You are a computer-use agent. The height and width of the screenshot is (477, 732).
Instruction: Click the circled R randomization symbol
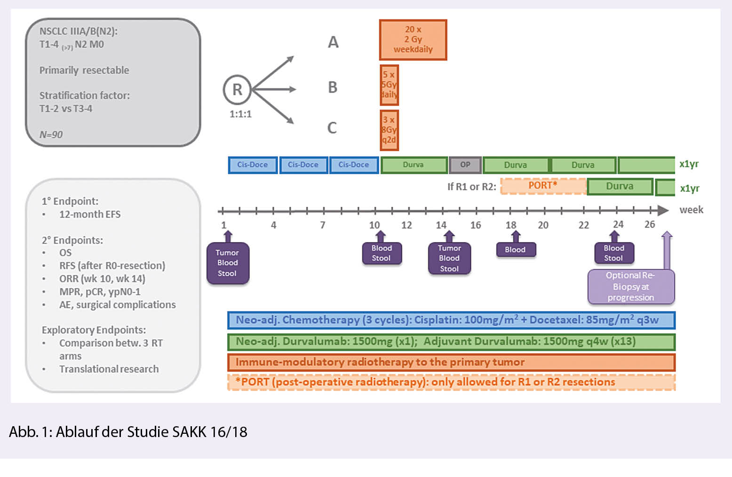coord(237,89)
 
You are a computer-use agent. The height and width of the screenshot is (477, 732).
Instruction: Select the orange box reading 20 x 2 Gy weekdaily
coord(413,40)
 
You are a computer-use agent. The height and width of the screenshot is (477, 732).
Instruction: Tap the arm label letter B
coord(333,87)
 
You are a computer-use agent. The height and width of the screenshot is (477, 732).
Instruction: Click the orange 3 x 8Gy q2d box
coord(389,130)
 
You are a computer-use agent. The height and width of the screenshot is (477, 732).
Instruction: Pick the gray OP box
coord(465,165)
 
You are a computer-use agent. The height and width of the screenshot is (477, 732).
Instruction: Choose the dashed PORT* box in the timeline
coord(543,186)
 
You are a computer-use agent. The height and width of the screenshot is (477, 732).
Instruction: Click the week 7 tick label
coord(323,225)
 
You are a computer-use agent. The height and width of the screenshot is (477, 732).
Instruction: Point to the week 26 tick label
coord(650,225)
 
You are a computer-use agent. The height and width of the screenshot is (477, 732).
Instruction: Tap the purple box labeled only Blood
coord(516,250)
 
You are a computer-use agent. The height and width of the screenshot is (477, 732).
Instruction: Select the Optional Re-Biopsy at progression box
coord(631,287)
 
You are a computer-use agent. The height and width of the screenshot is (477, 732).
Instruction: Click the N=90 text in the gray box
coord(51,134)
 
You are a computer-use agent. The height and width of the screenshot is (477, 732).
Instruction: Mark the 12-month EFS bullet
coord(90,214)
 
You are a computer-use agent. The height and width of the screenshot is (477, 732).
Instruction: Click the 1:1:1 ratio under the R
coord(240,114)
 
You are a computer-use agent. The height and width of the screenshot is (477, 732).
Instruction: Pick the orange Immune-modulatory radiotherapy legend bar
coord(451,362)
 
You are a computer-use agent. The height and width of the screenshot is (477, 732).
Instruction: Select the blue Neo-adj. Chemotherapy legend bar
coord(451,320)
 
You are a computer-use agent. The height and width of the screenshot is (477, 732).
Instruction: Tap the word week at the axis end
coord(691,210)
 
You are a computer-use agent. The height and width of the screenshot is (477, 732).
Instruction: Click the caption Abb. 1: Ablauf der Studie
coord(128,432)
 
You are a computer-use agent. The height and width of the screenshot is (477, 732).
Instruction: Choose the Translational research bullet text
coord(109,369)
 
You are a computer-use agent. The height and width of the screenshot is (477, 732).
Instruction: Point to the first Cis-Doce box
coord(253,165)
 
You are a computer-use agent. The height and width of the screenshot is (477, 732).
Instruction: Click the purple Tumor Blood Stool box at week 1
coord(228,263)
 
